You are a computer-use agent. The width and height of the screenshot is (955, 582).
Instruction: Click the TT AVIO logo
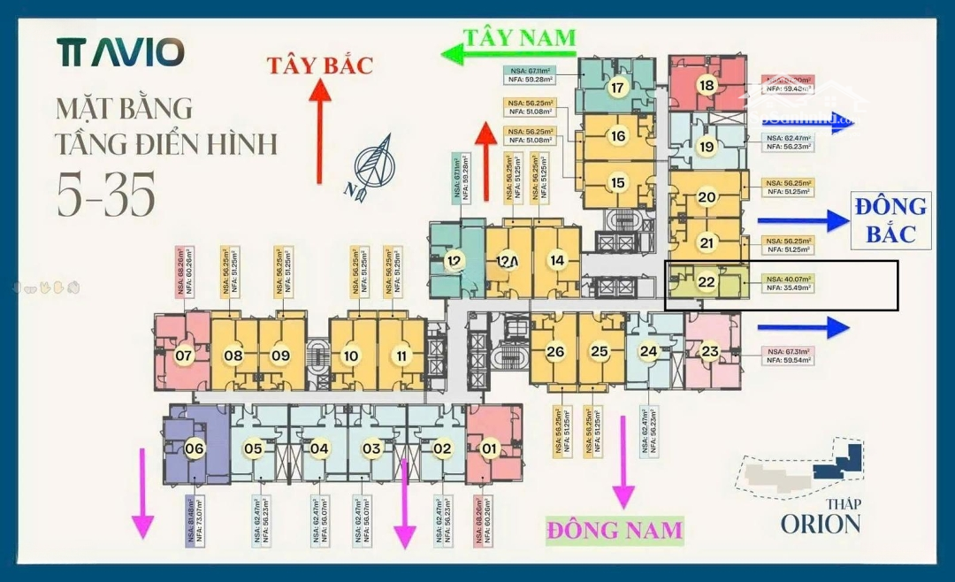[x=121, y=52]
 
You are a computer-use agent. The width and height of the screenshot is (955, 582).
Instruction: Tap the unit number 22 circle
[x=706, y=282]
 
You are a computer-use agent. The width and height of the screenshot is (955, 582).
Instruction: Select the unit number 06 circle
[x=195, y=448]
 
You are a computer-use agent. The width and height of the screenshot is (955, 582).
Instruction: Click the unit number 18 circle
[x=706, y=86]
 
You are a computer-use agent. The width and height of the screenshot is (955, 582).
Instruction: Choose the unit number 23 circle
[x=710, y=351]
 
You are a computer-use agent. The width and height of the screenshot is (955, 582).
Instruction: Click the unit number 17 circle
[x=617, y=88]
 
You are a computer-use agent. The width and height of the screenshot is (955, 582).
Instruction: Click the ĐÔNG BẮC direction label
[x=890, y=219]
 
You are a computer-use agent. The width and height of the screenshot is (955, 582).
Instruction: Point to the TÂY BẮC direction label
[x=320, y=65]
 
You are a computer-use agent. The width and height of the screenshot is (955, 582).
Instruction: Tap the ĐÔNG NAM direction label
[x=615, y=530]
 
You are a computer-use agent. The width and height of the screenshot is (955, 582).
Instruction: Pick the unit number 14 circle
[x=556, y=261]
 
